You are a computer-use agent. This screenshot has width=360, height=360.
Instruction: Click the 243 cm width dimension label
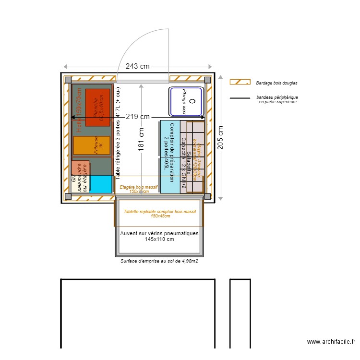[x=138, y=67]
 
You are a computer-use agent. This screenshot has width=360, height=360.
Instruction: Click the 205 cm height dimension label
[x=220, y=138]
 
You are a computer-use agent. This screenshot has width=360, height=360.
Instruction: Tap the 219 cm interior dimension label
[x=137, y=117]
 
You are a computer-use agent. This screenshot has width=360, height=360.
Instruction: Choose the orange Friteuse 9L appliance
[x=92, y=145]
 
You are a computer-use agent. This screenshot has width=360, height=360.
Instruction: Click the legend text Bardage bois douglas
[x=276, y=83]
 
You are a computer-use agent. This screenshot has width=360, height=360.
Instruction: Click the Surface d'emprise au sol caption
[x=159, y=262]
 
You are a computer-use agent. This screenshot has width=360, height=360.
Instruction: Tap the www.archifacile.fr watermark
[x=331, y=342]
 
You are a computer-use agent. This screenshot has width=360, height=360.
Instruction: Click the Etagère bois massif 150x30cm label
[x=139, y=189]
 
